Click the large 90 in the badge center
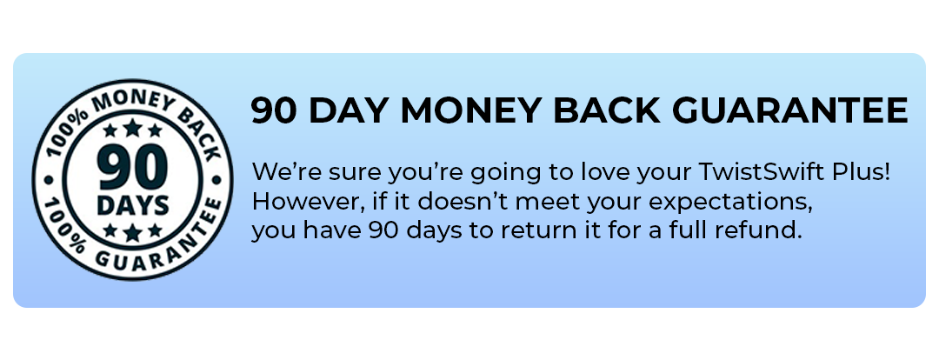[x=132, y=170]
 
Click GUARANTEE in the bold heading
[x=785, y=110]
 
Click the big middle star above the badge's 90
[x=132, y=129]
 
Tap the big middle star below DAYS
[x=132, y=232]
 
